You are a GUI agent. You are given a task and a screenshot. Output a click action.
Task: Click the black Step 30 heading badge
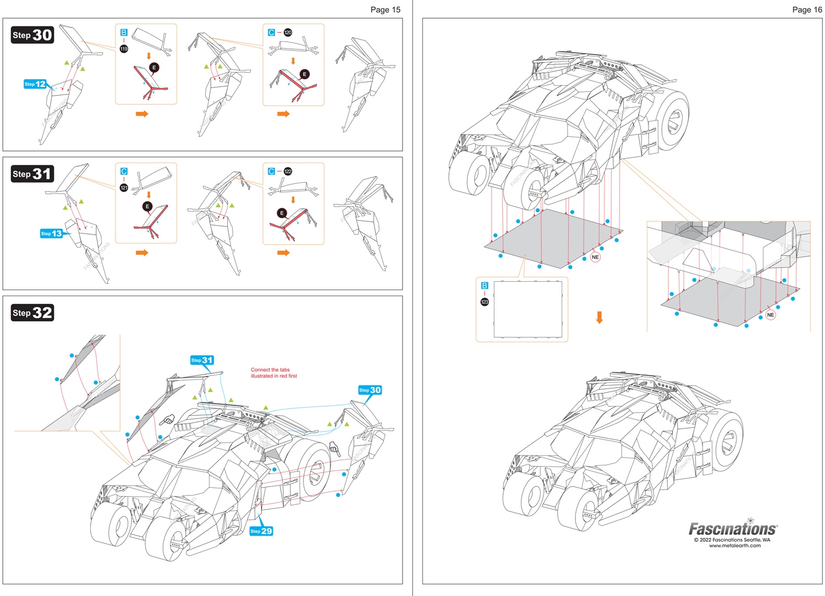[x=32, y=35]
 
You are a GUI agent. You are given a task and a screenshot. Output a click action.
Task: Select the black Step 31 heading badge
[x=32, y=174]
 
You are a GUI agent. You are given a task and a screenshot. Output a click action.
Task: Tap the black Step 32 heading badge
[x=32, y=313]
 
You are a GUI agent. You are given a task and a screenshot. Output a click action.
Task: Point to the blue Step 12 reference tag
[x=35, y=84]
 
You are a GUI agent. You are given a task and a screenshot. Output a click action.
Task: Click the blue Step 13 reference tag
[x=51, y=233]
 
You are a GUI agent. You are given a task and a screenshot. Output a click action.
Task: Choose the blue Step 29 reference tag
[x=261, y=531]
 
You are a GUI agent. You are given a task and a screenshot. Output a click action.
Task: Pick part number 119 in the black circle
[x=124, y=49]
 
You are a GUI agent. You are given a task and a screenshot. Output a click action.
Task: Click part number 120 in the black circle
[x=288, y=33]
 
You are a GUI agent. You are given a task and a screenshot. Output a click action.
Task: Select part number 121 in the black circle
[x=124, y=188]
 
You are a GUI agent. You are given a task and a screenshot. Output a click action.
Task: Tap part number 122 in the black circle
[x=288, y=171]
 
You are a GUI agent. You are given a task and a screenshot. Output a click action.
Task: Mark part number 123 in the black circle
[x=485, y=302]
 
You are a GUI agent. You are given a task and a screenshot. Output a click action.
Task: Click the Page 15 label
[x=385, y=10]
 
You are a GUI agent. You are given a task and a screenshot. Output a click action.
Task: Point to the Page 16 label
[x=807, y=10]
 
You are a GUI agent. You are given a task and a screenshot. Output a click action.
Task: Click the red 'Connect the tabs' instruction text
[x=273, y=373]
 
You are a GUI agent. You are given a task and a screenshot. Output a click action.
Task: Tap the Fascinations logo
[x=733, y=528]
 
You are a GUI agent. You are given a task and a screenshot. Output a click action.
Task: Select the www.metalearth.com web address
[x=735, y=545]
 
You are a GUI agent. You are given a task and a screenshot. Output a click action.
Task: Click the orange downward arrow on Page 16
[x=599, y=318]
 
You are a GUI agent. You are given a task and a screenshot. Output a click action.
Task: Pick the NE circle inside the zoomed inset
[x=771, y=315]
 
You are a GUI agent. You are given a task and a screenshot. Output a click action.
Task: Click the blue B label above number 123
[x=485, y=286]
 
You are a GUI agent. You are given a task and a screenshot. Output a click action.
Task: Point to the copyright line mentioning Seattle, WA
[x=732, y=539]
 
